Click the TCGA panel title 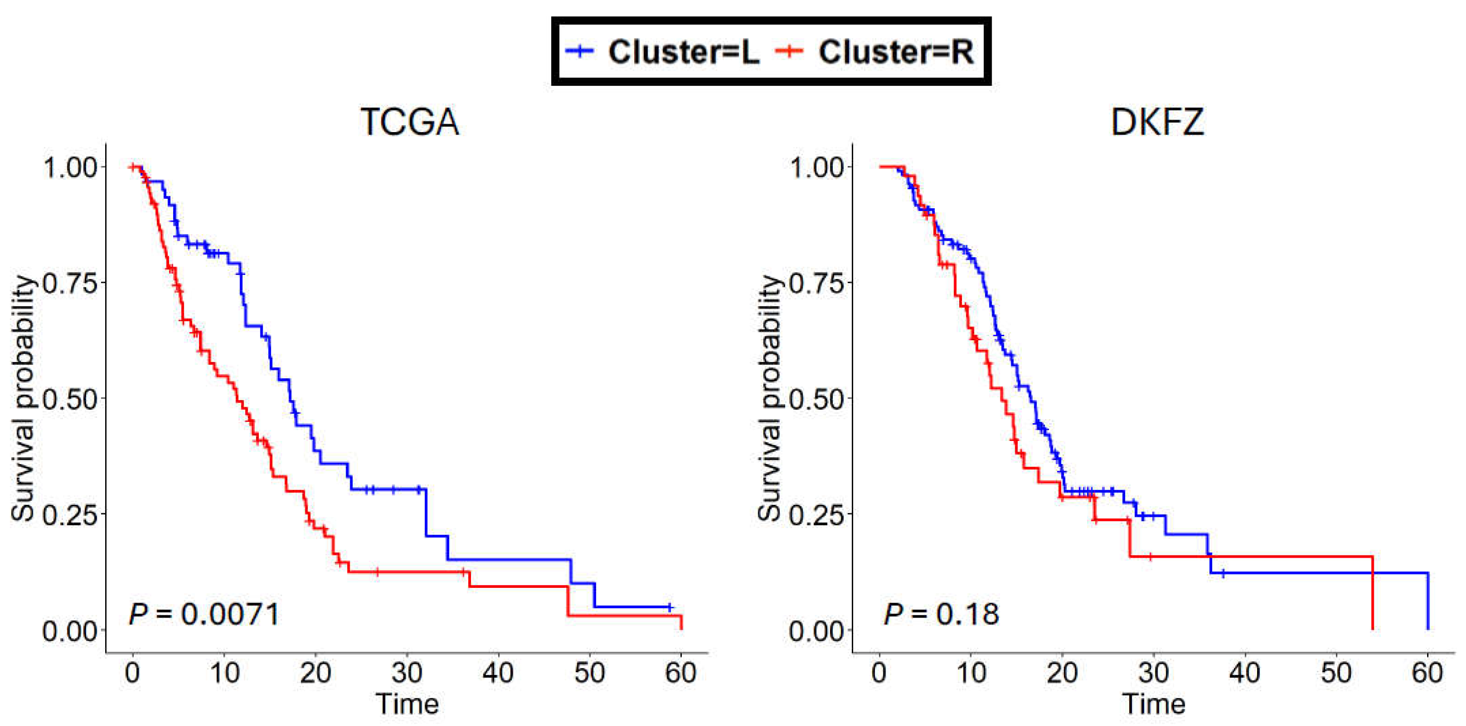410,121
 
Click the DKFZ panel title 1157,121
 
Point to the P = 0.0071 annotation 204,614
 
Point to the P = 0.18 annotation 941,614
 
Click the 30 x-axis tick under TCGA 407,673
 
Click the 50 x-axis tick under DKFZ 1336,673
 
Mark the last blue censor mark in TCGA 669,607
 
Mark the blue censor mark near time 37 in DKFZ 1222,573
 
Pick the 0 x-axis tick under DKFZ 879,673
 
